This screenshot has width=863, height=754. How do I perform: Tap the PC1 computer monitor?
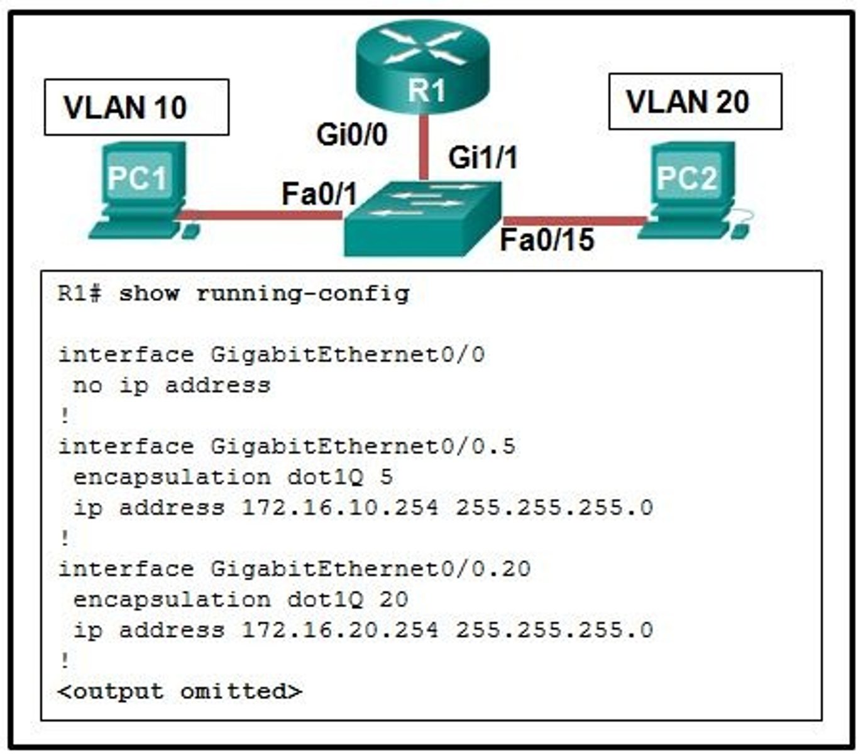(139, 176)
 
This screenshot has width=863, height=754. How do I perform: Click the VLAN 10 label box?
(136, 107)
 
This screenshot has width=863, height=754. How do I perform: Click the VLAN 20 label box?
(695, 102)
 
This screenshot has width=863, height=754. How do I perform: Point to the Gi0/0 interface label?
(352, 134)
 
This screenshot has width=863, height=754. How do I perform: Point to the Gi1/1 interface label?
(483, 157)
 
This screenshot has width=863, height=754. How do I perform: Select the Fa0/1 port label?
(319, 194)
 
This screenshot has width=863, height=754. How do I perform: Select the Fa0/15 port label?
(547, 240)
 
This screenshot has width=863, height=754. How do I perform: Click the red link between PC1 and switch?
(264, 216)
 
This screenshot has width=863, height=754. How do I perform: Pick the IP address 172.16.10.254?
(340, 507)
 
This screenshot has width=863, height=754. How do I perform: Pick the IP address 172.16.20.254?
(340, 630)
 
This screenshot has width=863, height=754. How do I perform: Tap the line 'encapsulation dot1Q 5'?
(233, 477)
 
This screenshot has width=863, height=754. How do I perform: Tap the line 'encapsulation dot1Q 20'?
(240, 599)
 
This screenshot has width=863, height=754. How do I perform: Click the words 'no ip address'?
(171, 385)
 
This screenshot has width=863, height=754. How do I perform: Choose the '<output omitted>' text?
(180, 691)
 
